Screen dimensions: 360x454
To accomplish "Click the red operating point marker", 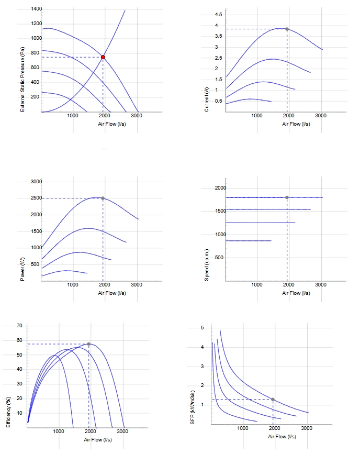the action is click(103, 57).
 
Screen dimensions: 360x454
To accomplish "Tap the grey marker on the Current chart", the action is click(287, 29).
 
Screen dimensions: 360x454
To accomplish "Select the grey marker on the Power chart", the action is click(103, 198).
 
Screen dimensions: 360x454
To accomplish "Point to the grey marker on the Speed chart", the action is click(287, 197).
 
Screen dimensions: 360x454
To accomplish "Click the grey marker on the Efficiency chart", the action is click(89, 344).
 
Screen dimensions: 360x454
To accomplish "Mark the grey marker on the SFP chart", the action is click(273, 400).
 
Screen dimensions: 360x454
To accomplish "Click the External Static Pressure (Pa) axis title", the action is click(22, 80).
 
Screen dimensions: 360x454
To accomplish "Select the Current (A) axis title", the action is click(206, 99).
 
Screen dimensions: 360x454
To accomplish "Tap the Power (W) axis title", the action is click(22, 269).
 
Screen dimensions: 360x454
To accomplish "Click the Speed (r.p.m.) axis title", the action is click(206, 264).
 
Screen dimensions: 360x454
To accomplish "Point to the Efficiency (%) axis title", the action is click(8, 412).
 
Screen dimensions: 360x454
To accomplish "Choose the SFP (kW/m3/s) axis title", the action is click(193, 407).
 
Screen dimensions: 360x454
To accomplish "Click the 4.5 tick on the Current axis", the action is click(219, 15).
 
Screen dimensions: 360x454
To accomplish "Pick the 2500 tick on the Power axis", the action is click(37, 198).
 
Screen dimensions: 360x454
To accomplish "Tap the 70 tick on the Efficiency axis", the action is click(19, 326).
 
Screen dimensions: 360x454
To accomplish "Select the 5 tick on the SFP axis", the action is click(203, 328).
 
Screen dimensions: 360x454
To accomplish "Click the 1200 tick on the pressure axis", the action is click(37, 24).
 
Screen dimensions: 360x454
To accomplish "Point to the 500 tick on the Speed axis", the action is click(219, 258).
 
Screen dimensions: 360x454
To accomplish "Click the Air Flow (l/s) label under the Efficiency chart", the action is click(98, 440).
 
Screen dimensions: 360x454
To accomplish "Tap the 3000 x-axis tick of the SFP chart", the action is click(307, 428).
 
